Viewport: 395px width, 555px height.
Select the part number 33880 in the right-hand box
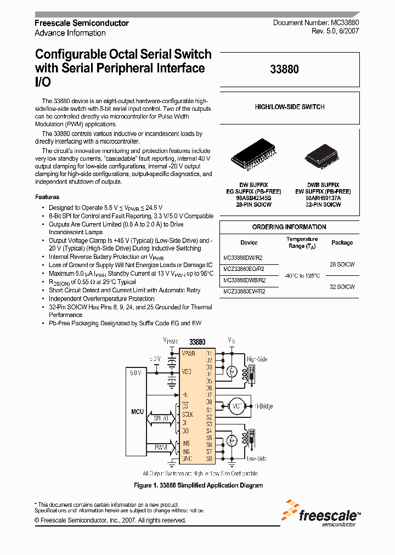284,70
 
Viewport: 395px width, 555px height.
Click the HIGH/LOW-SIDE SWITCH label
290,107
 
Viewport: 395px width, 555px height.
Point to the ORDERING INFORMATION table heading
289,227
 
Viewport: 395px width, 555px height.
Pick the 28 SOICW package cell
342,264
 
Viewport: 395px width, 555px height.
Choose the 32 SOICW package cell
342,287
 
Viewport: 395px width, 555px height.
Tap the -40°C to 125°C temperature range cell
302,276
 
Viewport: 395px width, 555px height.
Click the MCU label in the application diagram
137,411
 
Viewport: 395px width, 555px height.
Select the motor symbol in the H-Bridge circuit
237,406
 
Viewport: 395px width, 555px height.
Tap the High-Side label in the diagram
257,359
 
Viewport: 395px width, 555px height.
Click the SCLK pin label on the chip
188,415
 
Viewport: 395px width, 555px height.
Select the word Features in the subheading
47,197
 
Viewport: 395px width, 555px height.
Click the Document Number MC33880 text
316,23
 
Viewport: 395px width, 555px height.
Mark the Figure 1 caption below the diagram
199,485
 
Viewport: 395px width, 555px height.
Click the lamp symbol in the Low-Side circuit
232,440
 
